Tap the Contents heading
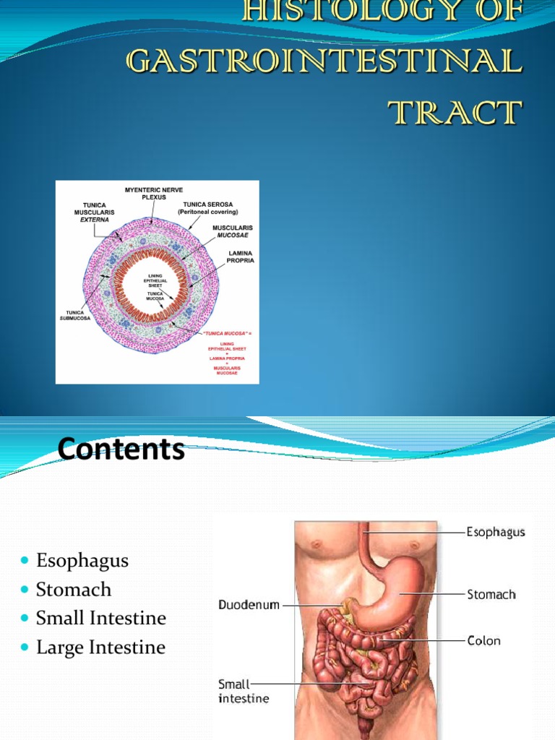(121, 449)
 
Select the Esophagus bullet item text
(82, 560)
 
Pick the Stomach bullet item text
(74, 589)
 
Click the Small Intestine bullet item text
(101, 618)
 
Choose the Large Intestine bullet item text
(100, 647)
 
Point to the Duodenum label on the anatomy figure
(249, 605)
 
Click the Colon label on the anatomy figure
(483, 640)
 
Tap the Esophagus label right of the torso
(496, 532)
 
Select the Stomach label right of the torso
(491, 595)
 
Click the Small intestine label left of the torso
(233, 691)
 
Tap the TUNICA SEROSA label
(208, 208)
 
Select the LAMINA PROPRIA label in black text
(241, 257)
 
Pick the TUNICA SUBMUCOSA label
(75, 315)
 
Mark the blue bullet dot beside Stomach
(25, 590)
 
